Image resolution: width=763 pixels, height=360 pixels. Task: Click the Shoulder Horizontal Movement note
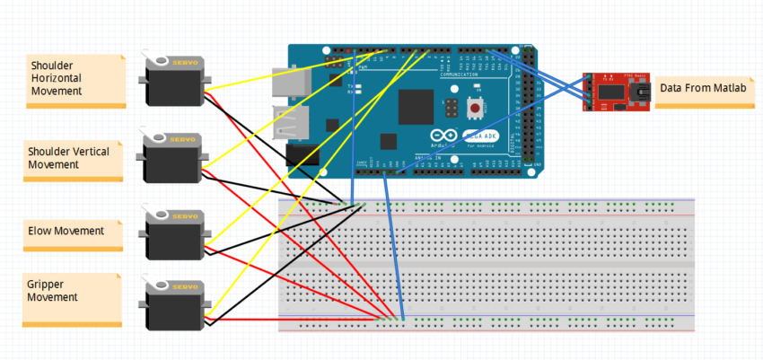pyautogui.click(x=75, y=81)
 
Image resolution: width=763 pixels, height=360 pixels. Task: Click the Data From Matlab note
pyautogui.click(x=704, y=91)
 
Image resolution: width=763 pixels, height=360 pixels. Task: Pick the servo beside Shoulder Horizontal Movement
pyautogui.click(x=172, y=81)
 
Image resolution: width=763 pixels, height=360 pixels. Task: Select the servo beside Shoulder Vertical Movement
pyautogui.click(x=172, y=157)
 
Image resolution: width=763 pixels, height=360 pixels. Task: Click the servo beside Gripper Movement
pyautogui.click(x=173, y=303)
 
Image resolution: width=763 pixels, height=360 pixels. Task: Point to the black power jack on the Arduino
pyautogui.click(x=302, y=154)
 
